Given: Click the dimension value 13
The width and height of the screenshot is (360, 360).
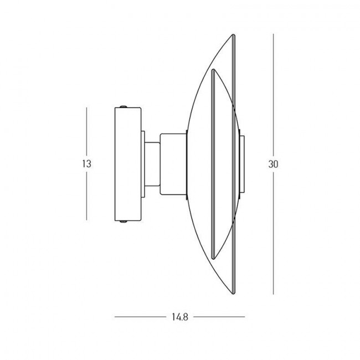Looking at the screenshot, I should click(x=86, y=164).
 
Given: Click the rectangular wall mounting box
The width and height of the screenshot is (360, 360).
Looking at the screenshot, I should click(x=127, y=164).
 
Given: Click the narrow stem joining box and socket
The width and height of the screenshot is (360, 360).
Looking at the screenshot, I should click(x=151, y=164).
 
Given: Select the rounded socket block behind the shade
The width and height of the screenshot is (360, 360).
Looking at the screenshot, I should click(x=173, y=164).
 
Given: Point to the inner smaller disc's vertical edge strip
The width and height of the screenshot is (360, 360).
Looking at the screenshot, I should click(x=213, y=164).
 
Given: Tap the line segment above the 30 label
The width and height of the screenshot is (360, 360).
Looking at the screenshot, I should click(x=274, y=95).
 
